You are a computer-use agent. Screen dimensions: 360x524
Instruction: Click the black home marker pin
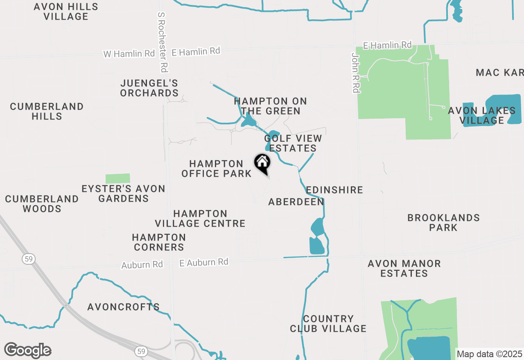point(262,164)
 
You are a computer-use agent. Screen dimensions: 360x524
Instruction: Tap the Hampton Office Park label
point(217,169)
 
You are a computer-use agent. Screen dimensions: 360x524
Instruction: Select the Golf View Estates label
point(293,144)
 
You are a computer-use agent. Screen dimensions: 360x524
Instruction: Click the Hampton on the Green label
point(271,106)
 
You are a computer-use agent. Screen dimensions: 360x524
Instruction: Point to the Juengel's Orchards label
point(149,88)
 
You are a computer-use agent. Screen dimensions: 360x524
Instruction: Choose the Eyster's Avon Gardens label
point(123,194)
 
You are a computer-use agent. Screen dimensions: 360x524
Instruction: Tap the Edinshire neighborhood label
point(334,190)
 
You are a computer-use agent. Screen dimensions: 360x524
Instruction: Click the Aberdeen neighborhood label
point(296,202)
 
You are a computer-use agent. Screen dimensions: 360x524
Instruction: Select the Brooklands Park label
point(443,223)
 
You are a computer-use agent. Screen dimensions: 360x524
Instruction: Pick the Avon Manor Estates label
point(404,268)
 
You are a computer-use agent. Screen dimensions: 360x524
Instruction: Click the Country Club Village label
point(328,324)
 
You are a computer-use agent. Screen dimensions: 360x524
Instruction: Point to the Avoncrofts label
point(124,307)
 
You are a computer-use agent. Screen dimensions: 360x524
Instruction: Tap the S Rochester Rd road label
point(163,42)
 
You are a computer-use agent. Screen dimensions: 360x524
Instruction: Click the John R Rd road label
point(355,72)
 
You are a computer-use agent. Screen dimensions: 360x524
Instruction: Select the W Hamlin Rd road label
point(129,54)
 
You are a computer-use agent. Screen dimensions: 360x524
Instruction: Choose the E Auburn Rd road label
point(204,262)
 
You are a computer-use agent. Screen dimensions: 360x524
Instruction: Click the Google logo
point(27,350)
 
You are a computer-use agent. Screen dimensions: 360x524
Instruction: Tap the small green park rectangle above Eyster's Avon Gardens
point(118,179)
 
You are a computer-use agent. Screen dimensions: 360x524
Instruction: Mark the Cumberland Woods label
point(42,204)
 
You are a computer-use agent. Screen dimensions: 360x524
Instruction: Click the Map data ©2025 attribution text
point(490,354)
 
